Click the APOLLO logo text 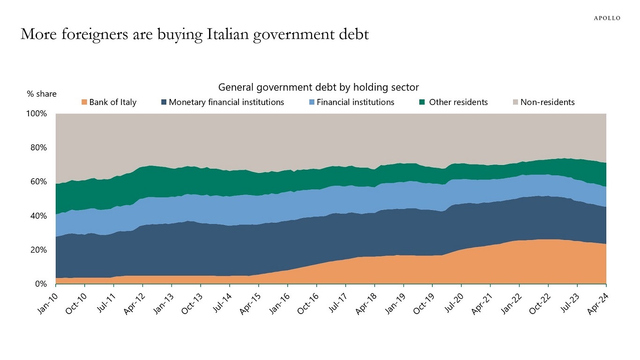pyautogui.click(x=607, y=18)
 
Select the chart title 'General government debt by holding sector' pyautogui.click(x=319, y=87)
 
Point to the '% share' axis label pyautogui.click(x=42, y=94)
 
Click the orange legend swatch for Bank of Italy pyautogui.click(x=84, y=102)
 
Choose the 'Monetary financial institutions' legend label pyautogui.click(x=226, y=102)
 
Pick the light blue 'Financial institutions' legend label pyautogui.click(x=355, y=102)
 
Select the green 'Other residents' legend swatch pyautogui.click(x=422, y=102)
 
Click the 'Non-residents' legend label pyautogui.click(x=547, y=102)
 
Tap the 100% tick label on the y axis pyautogui.click(x=37, y=114)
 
